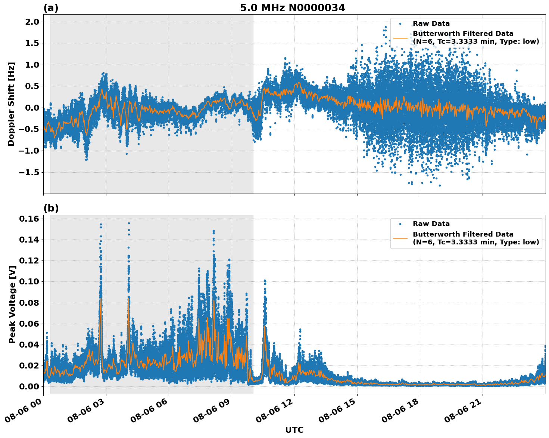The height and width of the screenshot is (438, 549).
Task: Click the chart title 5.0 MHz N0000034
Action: click(x=292, y=8)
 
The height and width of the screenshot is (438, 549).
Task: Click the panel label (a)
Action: click(x=51, y=8)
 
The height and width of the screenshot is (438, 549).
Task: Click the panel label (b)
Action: click(x=51, y=209)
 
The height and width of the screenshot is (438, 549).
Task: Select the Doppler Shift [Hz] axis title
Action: click(x=12, y=104)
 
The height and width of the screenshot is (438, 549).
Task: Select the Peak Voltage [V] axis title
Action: click(x=12, y=304)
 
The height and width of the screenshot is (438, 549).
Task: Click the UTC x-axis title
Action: click(x=294, y=430)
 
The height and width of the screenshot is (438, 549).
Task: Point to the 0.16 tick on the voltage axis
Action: click(x=29, y=219)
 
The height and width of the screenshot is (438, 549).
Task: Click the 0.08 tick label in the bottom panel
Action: click(x=29, y=302)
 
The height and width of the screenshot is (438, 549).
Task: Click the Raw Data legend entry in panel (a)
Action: click(x=431, y=24)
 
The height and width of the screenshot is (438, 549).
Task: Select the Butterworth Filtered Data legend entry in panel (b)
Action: click(x=475, y=238)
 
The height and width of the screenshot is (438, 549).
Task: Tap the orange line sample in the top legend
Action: click(x=400, y=38)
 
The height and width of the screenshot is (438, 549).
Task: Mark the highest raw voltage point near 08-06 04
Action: click(x=129, y=223)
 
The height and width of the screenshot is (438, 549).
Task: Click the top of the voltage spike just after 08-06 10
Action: click(x=265, y=280)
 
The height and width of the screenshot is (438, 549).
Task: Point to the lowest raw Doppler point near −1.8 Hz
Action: click(x=440, y=185)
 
